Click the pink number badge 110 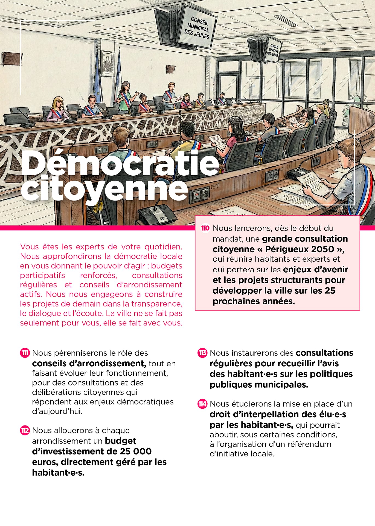click(x=205, y=228)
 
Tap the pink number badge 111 click(x=25, y=353)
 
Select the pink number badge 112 click(x=25, y=430)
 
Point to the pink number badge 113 click(x=202, y=353)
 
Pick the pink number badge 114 click(x=202, y=404)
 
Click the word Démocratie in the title click(x=120, y=164)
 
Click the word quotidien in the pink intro click(x=163, y=247)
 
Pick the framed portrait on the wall click(x=108, y=64)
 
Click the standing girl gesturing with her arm click(x=126, y=97)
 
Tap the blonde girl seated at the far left click(x=57, y=109)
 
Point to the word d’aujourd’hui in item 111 click(x=57, y=411)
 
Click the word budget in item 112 click(x=121, y=441)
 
